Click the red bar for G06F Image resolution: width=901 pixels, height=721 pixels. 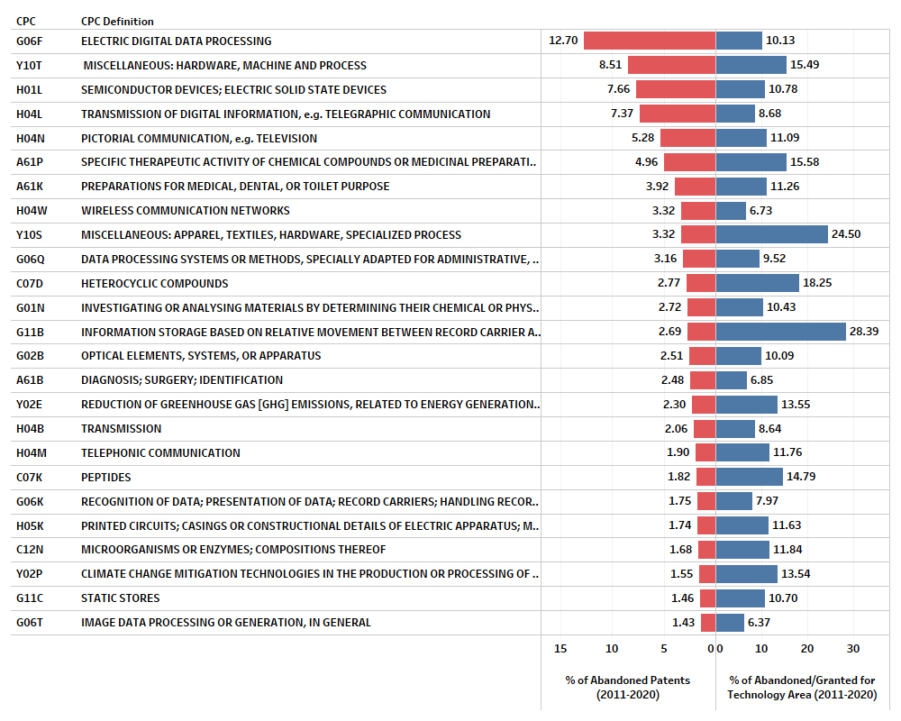(x=650, y=41)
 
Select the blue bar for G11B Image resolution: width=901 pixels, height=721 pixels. (x=781, y=332)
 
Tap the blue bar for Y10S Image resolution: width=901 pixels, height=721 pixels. (x=772, y=234)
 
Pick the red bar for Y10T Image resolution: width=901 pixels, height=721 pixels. (x=671, y=65)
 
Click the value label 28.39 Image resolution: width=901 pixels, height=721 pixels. (x=864, y=332)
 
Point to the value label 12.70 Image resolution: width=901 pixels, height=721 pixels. (x=563, y=41)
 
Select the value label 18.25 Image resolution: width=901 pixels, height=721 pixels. (x=817, y=283)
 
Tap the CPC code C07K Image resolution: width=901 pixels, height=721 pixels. (x=30, y=477)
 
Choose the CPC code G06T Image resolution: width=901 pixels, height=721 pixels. (x=30, y=622)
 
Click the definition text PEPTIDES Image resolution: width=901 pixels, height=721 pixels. (x=105, y=477)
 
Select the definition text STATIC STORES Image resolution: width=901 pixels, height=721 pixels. (x=121, y=598)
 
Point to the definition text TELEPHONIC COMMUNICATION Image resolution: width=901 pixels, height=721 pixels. (x=160, y=452)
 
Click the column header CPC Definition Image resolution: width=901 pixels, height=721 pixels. (x=117, y=21)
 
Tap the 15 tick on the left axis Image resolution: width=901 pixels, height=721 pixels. (x=560, y=649)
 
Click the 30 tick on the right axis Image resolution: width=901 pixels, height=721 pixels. (x=853, y=649)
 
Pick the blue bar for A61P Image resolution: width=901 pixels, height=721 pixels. (x=751, y=162)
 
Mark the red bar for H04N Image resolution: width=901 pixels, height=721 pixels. (x=687, y=138)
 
